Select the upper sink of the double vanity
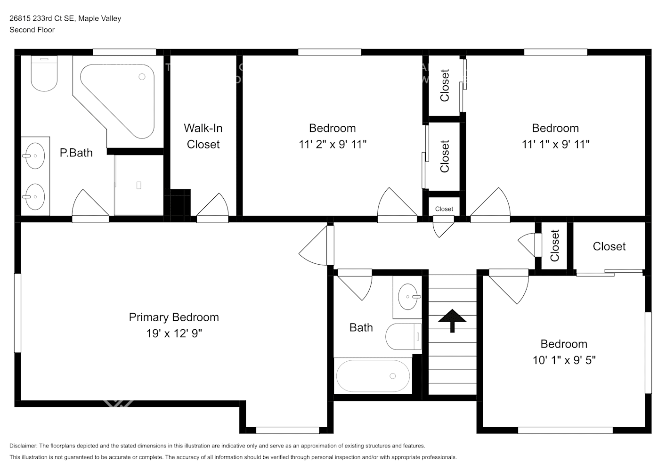(35, 155)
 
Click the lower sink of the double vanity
(35, 196)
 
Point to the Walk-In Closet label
(203, 136)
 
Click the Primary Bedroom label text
(174, 317)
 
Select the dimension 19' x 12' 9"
(174, 333)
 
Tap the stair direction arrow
(452, 320)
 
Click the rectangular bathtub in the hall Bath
(373, 376)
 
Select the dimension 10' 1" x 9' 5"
(564, 360)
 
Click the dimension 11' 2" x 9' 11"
(332, 145)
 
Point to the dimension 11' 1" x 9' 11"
(555, 145)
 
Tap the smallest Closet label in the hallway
(444, 209)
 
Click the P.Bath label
(76, 153)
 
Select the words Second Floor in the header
(32, 30)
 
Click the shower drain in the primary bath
(138, 185)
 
